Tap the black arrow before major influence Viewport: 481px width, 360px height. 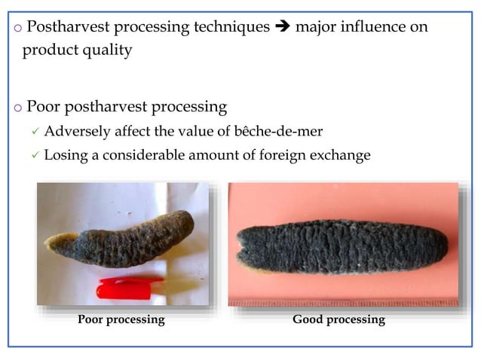(283, 27)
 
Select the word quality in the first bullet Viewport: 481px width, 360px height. (106, 50)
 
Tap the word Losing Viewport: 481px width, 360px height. (66, 156)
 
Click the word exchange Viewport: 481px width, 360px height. (339, 156)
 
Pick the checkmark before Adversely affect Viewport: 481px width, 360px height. (34, 133)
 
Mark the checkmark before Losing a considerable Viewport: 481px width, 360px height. (34, 157)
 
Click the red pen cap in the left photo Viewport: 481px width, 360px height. (129, 288)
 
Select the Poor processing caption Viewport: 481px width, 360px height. (121, 319)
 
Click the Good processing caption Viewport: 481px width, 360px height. (339, 319)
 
